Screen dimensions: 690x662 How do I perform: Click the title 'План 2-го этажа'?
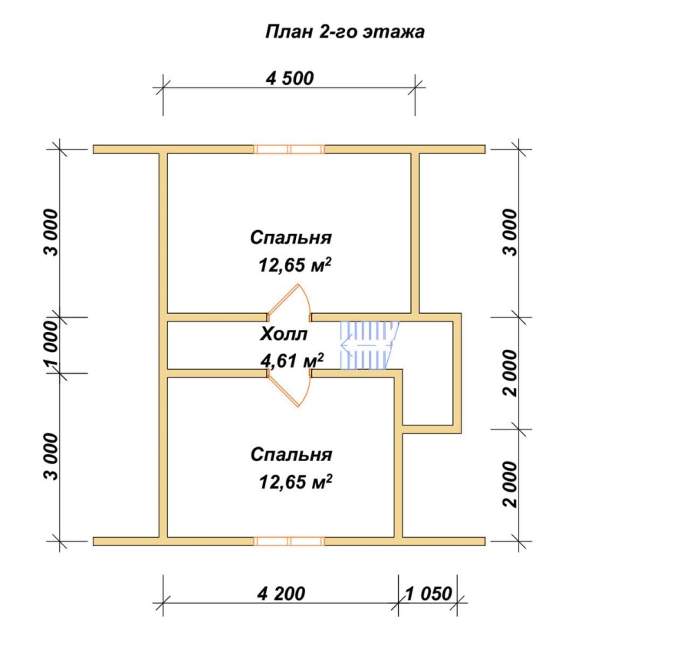point(344,32)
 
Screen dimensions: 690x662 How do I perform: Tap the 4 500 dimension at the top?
point(290,78)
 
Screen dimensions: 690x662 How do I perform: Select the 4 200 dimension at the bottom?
point(281,594)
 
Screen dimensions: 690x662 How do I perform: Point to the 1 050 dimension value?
point(428,594)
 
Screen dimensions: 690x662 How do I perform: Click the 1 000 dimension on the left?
point(51,344)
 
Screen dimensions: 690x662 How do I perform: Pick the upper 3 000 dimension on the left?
point(51,232)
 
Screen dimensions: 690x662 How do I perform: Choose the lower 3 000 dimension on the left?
point(51,456)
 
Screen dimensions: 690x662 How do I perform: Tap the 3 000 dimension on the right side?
point(511,232)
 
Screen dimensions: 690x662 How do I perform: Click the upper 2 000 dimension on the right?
point(511,374)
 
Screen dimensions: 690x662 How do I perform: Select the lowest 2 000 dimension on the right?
point(511,485)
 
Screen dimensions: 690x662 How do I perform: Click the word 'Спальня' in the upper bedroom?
point(291,238)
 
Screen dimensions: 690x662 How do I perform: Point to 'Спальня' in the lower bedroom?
point(291,455)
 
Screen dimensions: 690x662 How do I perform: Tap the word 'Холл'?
point(284,334)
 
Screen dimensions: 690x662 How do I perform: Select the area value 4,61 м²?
point(292,361)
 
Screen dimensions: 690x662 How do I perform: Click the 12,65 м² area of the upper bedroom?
point(295,265)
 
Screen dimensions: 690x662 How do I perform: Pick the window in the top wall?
point(289,150)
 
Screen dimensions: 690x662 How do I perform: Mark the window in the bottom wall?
point(289,542)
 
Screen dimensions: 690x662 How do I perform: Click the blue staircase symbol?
point(370,345)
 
